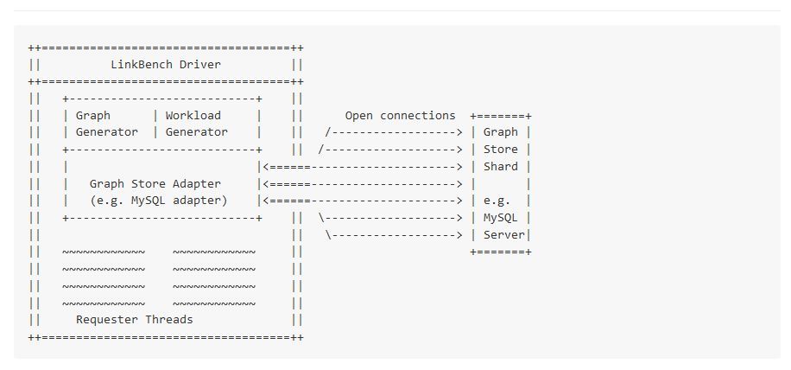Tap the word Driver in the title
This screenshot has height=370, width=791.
coord(200,64)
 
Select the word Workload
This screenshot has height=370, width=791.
coord(193,115)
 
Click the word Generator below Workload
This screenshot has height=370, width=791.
coord(197,132)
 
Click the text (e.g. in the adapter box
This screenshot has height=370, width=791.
coord(107,201)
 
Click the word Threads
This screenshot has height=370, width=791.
coord(169,320)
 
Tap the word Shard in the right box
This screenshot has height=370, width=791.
coord(501,167)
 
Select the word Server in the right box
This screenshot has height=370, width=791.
coord(504,235)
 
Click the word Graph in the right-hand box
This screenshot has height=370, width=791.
coord(501,132)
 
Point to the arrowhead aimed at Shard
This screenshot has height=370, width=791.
coord(459,167)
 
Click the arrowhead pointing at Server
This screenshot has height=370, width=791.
coord(459,235)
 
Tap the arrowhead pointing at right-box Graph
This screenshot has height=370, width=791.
coord(459,132)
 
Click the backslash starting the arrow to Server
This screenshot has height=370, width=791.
coord(328,235)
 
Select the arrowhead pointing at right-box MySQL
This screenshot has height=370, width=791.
coord(459,218)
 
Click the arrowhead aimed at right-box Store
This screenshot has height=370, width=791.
coord(459,150)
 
